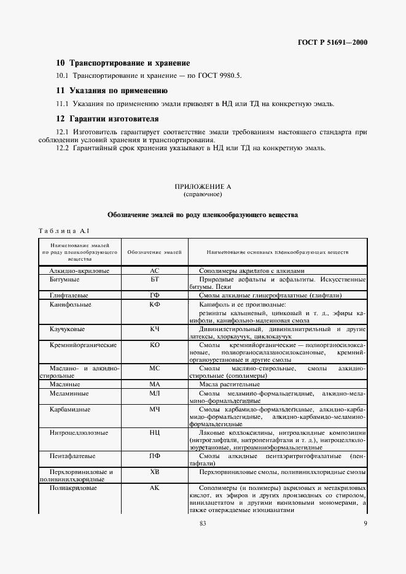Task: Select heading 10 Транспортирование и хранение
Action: pos(123,63)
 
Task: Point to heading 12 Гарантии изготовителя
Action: pos(107,118)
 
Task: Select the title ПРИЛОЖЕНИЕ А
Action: pos(202,186)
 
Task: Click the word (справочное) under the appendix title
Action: pos(202,194)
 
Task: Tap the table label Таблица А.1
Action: pos(64,231)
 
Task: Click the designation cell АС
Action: pos(154,270)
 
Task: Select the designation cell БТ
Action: pos(154,279)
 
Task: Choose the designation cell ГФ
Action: pos(154,296)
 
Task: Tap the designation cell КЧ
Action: pos(154,329)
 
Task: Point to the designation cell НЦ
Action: pos(154,450)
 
